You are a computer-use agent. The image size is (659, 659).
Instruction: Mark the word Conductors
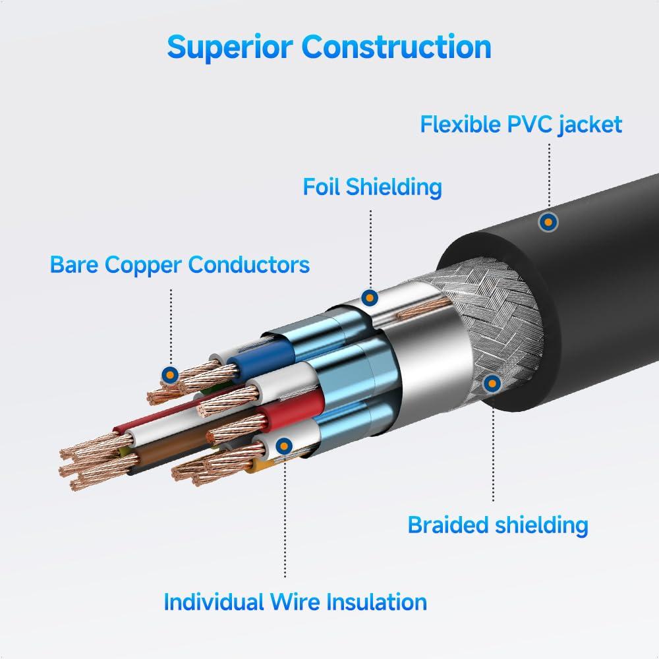coord(249,265)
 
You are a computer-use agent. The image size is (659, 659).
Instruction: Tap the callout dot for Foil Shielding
coord(370,298)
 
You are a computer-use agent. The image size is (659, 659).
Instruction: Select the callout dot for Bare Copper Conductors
coord(171,375)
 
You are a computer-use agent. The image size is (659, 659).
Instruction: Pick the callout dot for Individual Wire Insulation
coord(284,445)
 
